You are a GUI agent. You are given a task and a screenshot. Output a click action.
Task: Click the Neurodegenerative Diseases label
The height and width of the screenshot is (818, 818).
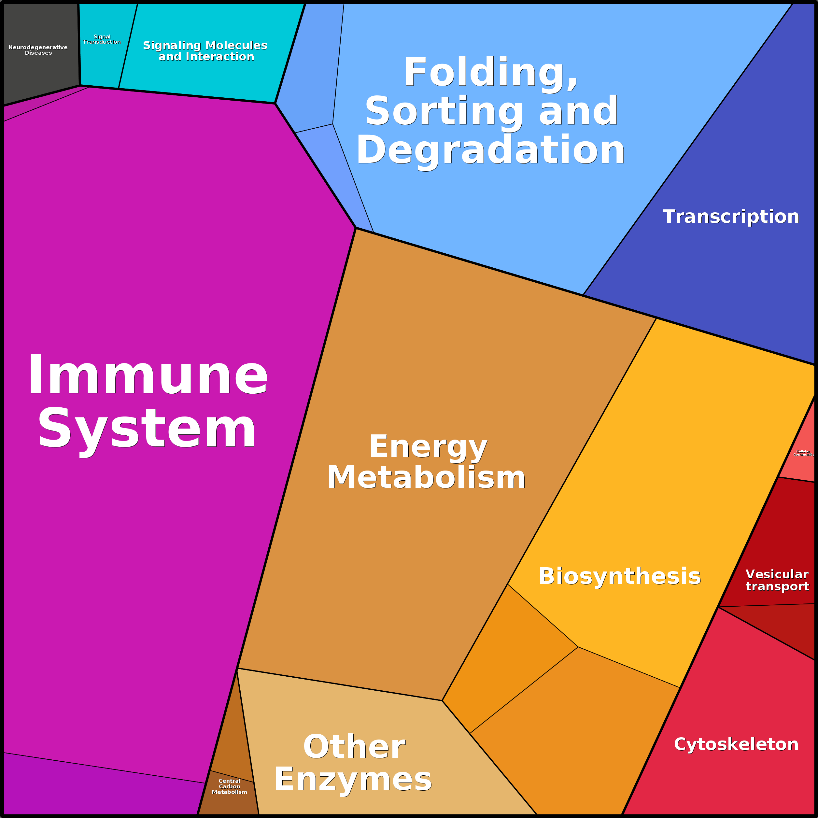(x=38, y=50)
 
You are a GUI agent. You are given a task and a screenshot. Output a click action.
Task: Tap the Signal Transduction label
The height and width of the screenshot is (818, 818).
(x=102, y=39)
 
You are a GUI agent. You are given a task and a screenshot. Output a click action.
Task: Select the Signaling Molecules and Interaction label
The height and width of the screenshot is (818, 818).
(x=205, y=51)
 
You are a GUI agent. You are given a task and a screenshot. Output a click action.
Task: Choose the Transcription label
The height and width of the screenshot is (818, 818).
(x=731, y=217)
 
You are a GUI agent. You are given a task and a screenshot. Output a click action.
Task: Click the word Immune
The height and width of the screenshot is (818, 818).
(x=148, y=375)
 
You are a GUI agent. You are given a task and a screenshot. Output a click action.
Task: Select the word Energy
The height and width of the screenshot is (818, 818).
(x=428, y=447)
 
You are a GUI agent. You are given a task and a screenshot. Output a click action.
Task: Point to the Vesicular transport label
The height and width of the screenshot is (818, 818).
(x=777, y=580)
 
